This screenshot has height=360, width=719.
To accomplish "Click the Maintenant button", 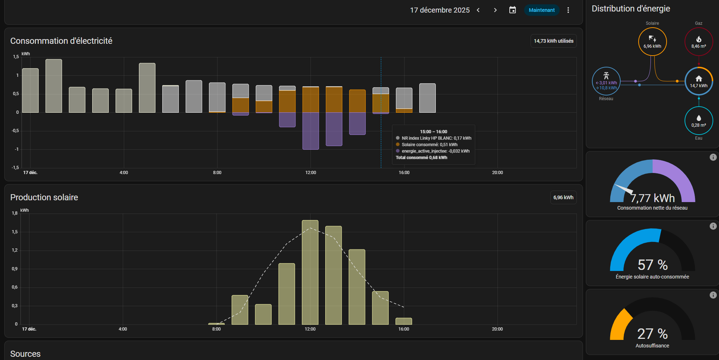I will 541,10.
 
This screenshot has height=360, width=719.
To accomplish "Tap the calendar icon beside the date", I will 513,10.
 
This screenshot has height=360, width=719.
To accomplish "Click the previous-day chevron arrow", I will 478,10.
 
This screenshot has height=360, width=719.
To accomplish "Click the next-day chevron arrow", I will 495,10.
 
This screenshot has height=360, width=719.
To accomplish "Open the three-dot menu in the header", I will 568,10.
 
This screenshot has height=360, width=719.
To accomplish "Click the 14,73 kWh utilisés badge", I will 554,41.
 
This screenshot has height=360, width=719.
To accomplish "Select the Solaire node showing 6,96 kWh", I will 652,42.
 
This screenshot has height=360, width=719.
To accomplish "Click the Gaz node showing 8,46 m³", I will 699,42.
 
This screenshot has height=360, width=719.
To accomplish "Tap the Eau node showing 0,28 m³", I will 699,121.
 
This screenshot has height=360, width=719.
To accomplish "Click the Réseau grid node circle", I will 606,81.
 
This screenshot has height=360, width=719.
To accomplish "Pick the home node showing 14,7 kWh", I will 699,81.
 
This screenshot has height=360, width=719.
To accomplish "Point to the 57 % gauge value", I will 652,265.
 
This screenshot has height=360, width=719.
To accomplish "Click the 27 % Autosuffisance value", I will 652,334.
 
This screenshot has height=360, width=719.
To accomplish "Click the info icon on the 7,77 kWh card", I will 713,157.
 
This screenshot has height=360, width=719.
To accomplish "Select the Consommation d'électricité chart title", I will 61,41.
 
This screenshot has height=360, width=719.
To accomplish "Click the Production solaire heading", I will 44,197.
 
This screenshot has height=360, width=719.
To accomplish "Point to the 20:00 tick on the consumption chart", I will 497,173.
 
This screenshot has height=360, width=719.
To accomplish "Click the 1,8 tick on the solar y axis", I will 15,213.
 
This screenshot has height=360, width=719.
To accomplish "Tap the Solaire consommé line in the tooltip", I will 429,145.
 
